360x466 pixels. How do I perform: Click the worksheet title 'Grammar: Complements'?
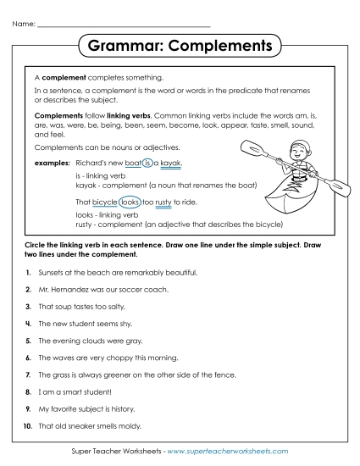point(179,43)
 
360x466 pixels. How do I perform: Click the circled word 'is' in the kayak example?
point(147,163)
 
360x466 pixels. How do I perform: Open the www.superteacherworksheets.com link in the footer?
point(228,455)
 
